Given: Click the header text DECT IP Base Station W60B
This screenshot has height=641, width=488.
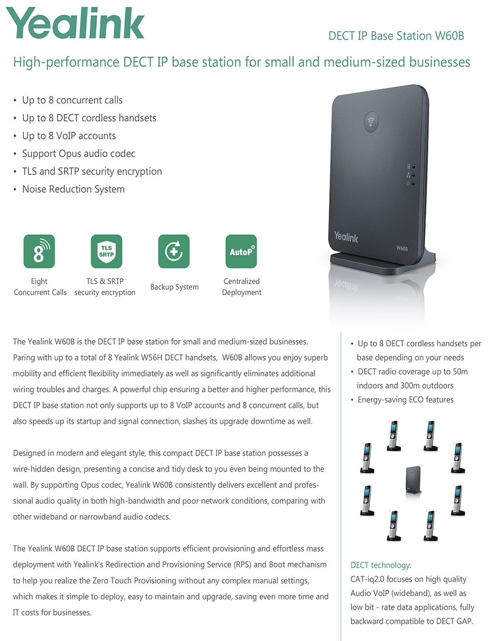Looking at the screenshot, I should (396, 36).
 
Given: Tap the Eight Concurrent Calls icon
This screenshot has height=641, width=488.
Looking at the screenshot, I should (39, 251).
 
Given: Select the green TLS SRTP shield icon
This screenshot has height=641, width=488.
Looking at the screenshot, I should (106, 251).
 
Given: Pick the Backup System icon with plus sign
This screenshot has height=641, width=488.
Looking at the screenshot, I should (174, 251).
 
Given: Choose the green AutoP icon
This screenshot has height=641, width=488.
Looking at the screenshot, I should (241, 251).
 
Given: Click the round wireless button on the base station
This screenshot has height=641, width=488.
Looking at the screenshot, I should (371, 122).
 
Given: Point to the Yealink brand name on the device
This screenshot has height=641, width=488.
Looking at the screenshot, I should (346, 237).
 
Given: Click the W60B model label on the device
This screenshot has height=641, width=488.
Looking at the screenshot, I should (402, 248).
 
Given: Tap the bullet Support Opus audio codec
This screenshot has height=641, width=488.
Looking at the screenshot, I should (79, 154).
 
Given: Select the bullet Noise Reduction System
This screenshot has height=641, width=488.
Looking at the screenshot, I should (73, 189).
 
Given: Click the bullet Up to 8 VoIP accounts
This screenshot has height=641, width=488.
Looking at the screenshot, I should (69, 136).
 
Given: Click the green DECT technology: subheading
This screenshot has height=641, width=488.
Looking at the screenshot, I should (381, 565).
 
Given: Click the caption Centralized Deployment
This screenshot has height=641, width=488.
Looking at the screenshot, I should (242, 287).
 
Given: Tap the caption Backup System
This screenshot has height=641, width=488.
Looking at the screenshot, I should (174, 287).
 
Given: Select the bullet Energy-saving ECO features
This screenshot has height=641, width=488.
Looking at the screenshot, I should (405, 400).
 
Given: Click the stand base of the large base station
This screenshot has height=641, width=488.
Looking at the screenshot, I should (384, 261).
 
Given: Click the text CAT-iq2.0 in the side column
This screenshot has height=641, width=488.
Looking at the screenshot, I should (368, 579).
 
